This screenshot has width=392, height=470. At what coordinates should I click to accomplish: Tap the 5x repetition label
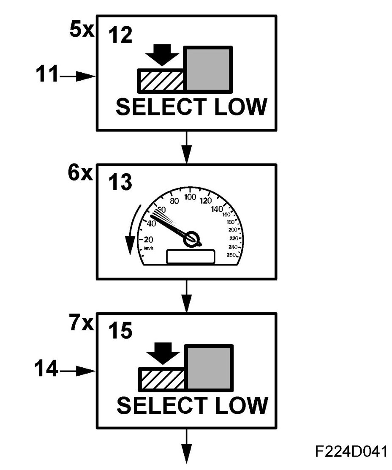pos(81,30)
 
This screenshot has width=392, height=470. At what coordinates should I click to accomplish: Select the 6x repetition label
pos(80,173)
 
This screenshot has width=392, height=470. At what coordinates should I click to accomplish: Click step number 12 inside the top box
pos(120,37)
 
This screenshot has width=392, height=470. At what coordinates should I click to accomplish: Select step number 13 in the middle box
pos(120,183)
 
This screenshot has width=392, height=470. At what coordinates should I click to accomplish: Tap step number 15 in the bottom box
pos(120,332)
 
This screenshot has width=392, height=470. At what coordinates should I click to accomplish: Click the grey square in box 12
pos(209,69)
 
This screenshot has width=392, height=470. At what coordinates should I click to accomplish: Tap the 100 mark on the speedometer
pos(191,197)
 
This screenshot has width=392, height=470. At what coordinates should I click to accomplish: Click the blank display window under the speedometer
pos(191,257)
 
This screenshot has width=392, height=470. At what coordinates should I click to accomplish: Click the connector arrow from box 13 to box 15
pos(186,296)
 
